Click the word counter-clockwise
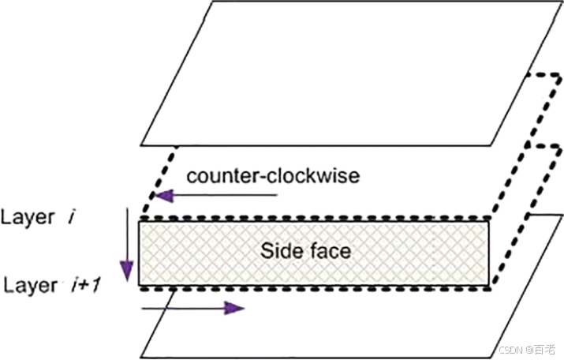click(272, 174)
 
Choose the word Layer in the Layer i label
click(28, 217)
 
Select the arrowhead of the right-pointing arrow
click(234, 307)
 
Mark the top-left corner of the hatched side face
click(140, 222)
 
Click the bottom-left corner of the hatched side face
click(140, 286)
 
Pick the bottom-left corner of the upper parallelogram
click(141, 145)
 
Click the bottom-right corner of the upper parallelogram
click(490, 145)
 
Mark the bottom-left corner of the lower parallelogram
click(141, 357)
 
